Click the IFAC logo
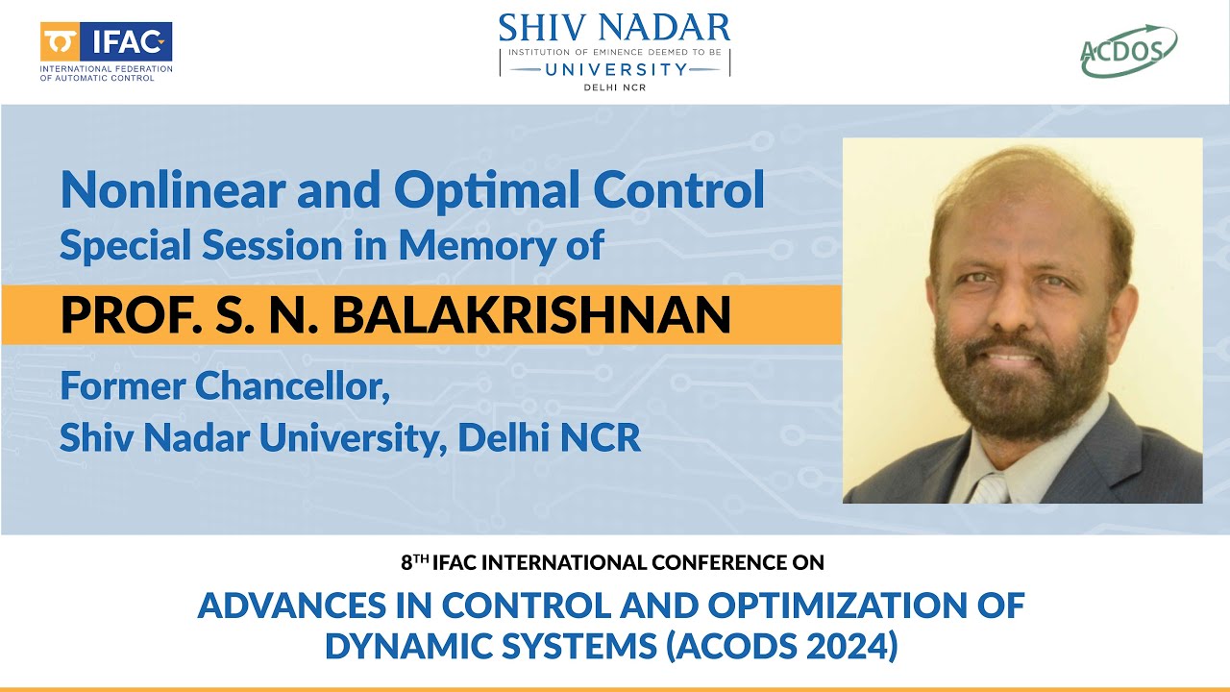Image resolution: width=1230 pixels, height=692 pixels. click(x=106, y=43)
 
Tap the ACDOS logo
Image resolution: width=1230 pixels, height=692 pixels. click(x=1128, y=51)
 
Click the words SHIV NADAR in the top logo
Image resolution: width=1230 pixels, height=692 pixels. click(x=614, y=27)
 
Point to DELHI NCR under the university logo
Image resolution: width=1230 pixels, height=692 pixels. click(x=614, y=87)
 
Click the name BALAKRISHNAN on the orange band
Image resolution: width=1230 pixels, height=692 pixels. click(x=550, y=314)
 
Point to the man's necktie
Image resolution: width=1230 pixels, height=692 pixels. click(x=990, y=488)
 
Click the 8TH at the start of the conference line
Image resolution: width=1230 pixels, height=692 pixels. click(x=414, y=561)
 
